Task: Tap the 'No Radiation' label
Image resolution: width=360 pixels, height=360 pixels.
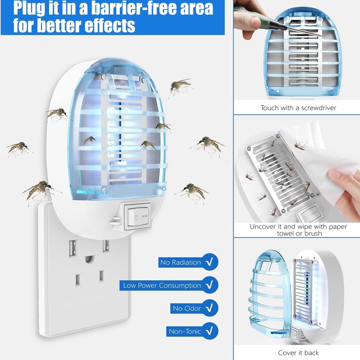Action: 180,262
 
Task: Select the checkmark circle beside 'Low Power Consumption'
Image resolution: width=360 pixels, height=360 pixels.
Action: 210,285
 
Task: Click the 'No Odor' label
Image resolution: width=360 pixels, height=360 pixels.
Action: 187,308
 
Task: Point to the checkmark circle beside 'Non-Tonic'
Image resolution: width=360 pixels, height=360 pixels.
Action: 210,331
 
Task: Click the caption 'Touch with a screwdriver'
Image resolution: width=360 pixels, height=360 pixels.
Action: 298,108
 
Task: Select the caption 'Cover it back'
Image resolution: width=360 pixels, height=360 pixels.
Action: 298,353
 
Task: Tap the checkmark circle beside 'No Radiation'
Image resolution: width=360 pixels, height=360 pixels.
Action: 210,262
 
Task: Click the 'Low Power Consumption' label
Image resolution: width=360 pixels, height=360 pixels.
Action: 162,285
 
